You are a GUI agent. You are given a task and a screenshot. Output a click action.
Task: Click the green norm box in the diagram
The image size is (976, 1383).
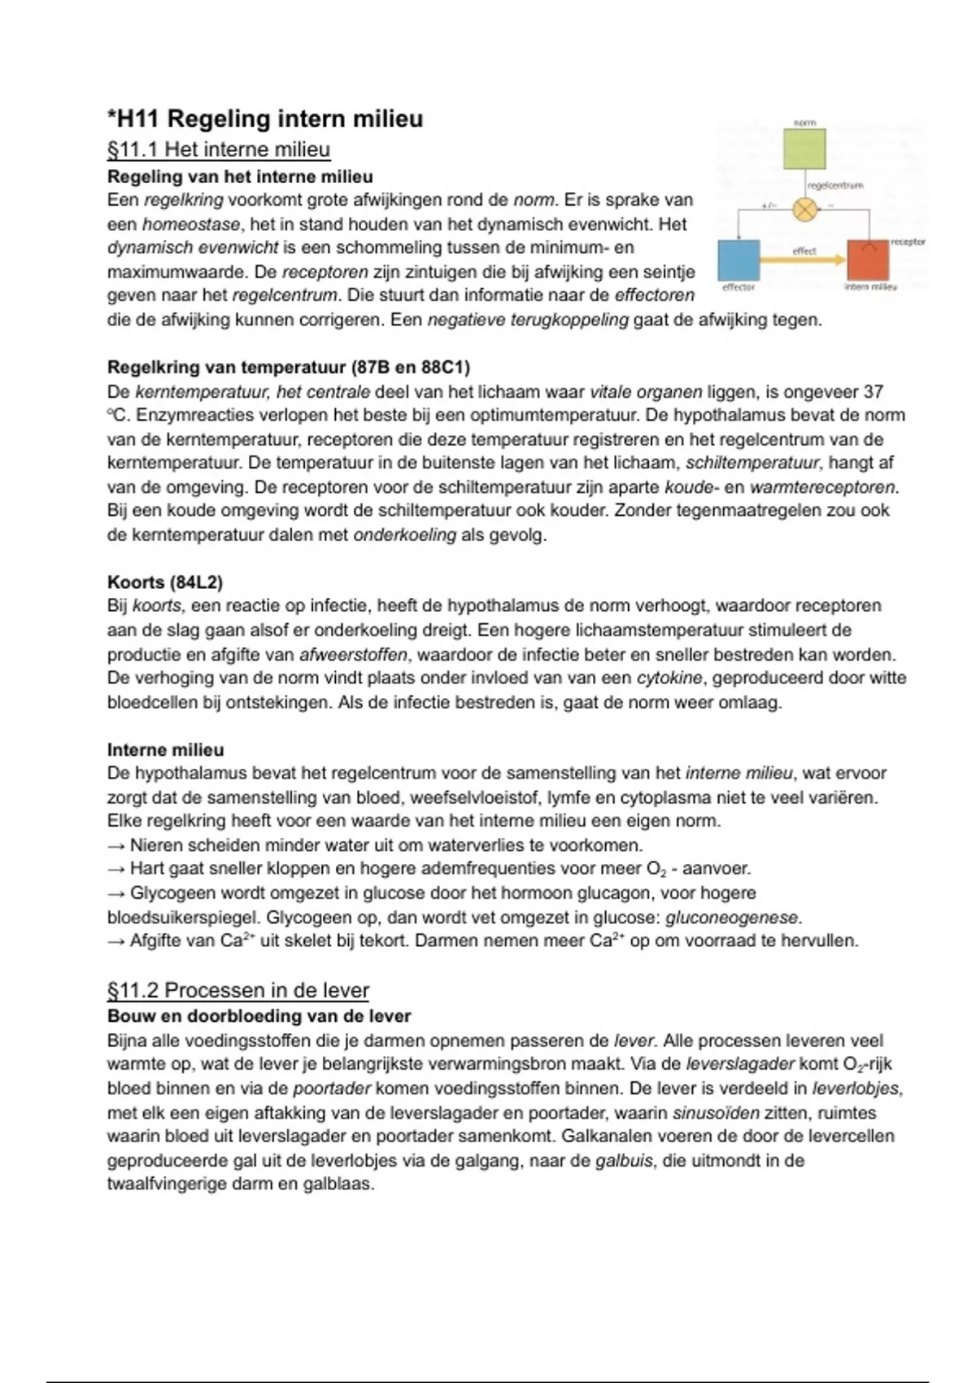coord(804,149)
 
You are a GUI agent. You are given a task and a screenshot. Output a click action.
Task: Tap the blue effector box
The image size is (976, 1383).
coord(739,260)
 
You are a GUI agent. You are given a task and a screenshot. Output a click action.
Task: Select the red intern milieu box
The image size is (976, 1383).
coord(868,260)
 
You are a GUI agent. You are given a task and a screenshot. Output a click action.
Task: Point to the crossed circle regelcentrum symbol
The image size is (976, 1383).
coord(804,210)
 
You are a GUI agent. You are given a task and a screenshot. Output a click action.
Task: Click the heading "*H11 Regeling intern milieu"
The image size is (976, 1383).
coord(265,119)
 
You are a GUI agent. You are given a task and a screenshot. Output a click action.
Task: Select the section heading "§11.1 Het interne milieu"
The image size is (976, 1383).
coord(219,150)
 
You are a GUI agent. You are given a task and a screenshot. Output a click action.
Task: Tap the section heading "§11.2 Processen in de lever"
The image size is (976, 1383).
coord(238,990)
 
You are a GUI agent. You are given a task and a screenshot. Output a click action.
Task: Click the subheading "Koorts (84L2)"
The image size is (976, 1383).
coord(165,582)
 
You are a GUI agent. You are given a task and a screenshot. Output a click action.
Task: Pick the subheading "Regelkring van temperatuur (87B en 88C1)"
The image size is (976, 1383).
coord(289,367)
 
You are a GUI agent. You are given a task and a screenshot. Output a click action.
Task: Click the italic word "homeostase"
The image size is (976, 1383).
coord(191,224)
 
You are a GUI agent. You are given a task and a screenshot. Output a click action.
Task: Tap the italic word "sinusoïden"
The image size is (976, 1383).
coord(716,1112)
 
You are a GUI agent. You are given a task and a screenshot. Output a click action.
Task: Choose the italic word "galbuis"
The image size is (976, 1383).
coord(624,1160)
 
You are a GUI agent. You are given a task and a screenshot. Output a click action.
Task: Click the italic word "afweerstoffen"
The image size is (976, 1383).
coord(353,654)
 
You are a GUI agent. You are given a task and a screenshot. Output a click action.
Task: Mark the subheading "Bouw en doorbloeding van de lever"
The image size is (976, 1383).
coord(259,1016)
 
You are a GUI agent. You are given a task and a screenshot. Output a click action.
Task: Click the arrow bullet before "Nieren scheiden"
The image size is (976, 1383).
coord(116,845)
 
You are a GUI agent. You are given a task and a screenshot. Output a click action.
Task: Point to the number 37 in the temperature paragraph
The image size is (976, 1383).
coord(874,391)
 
